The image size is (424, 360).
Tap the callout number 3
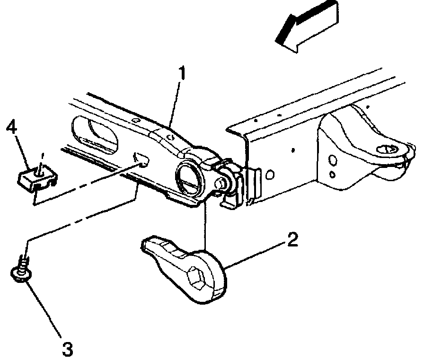pos(68,350)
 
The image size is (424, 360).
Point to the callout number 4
pos(13,128)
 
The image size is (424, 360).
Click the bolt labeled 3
pos(19,272)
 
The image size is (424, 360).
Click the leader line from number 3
pos(45,309)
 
